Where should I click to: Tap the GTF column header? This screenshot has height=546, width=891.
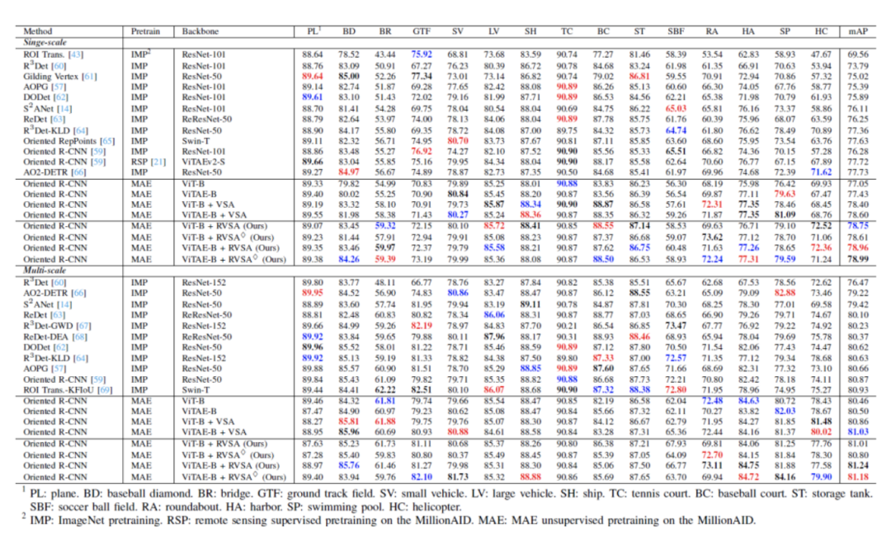point(421,31)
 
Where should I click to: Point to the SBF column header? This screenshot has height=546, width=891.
point(676,31)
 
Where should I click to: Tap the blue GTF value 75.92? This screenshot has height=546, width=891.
point(421,53)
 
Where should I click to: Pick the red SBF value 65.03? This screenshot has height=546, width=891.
point(676,107)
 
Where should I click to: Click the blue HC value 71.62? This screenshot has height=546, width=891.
point(820,173)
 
